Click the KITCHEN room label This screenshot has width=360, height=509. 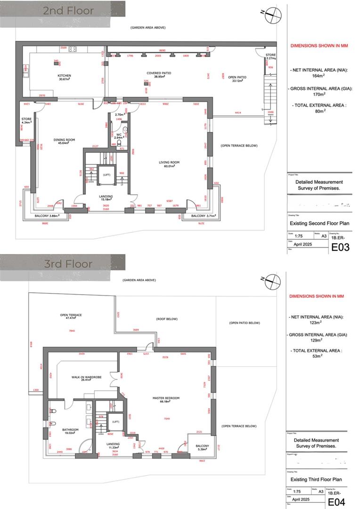[64, 75]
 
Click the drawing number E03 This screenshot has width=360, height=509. [340, 247]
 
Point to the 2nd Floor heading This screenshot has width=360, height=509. [68, 10]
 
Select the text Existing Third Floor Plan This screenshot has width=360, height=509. [316, 479]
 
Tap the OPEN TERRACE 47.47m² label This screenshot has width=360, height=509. [71, 316]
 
